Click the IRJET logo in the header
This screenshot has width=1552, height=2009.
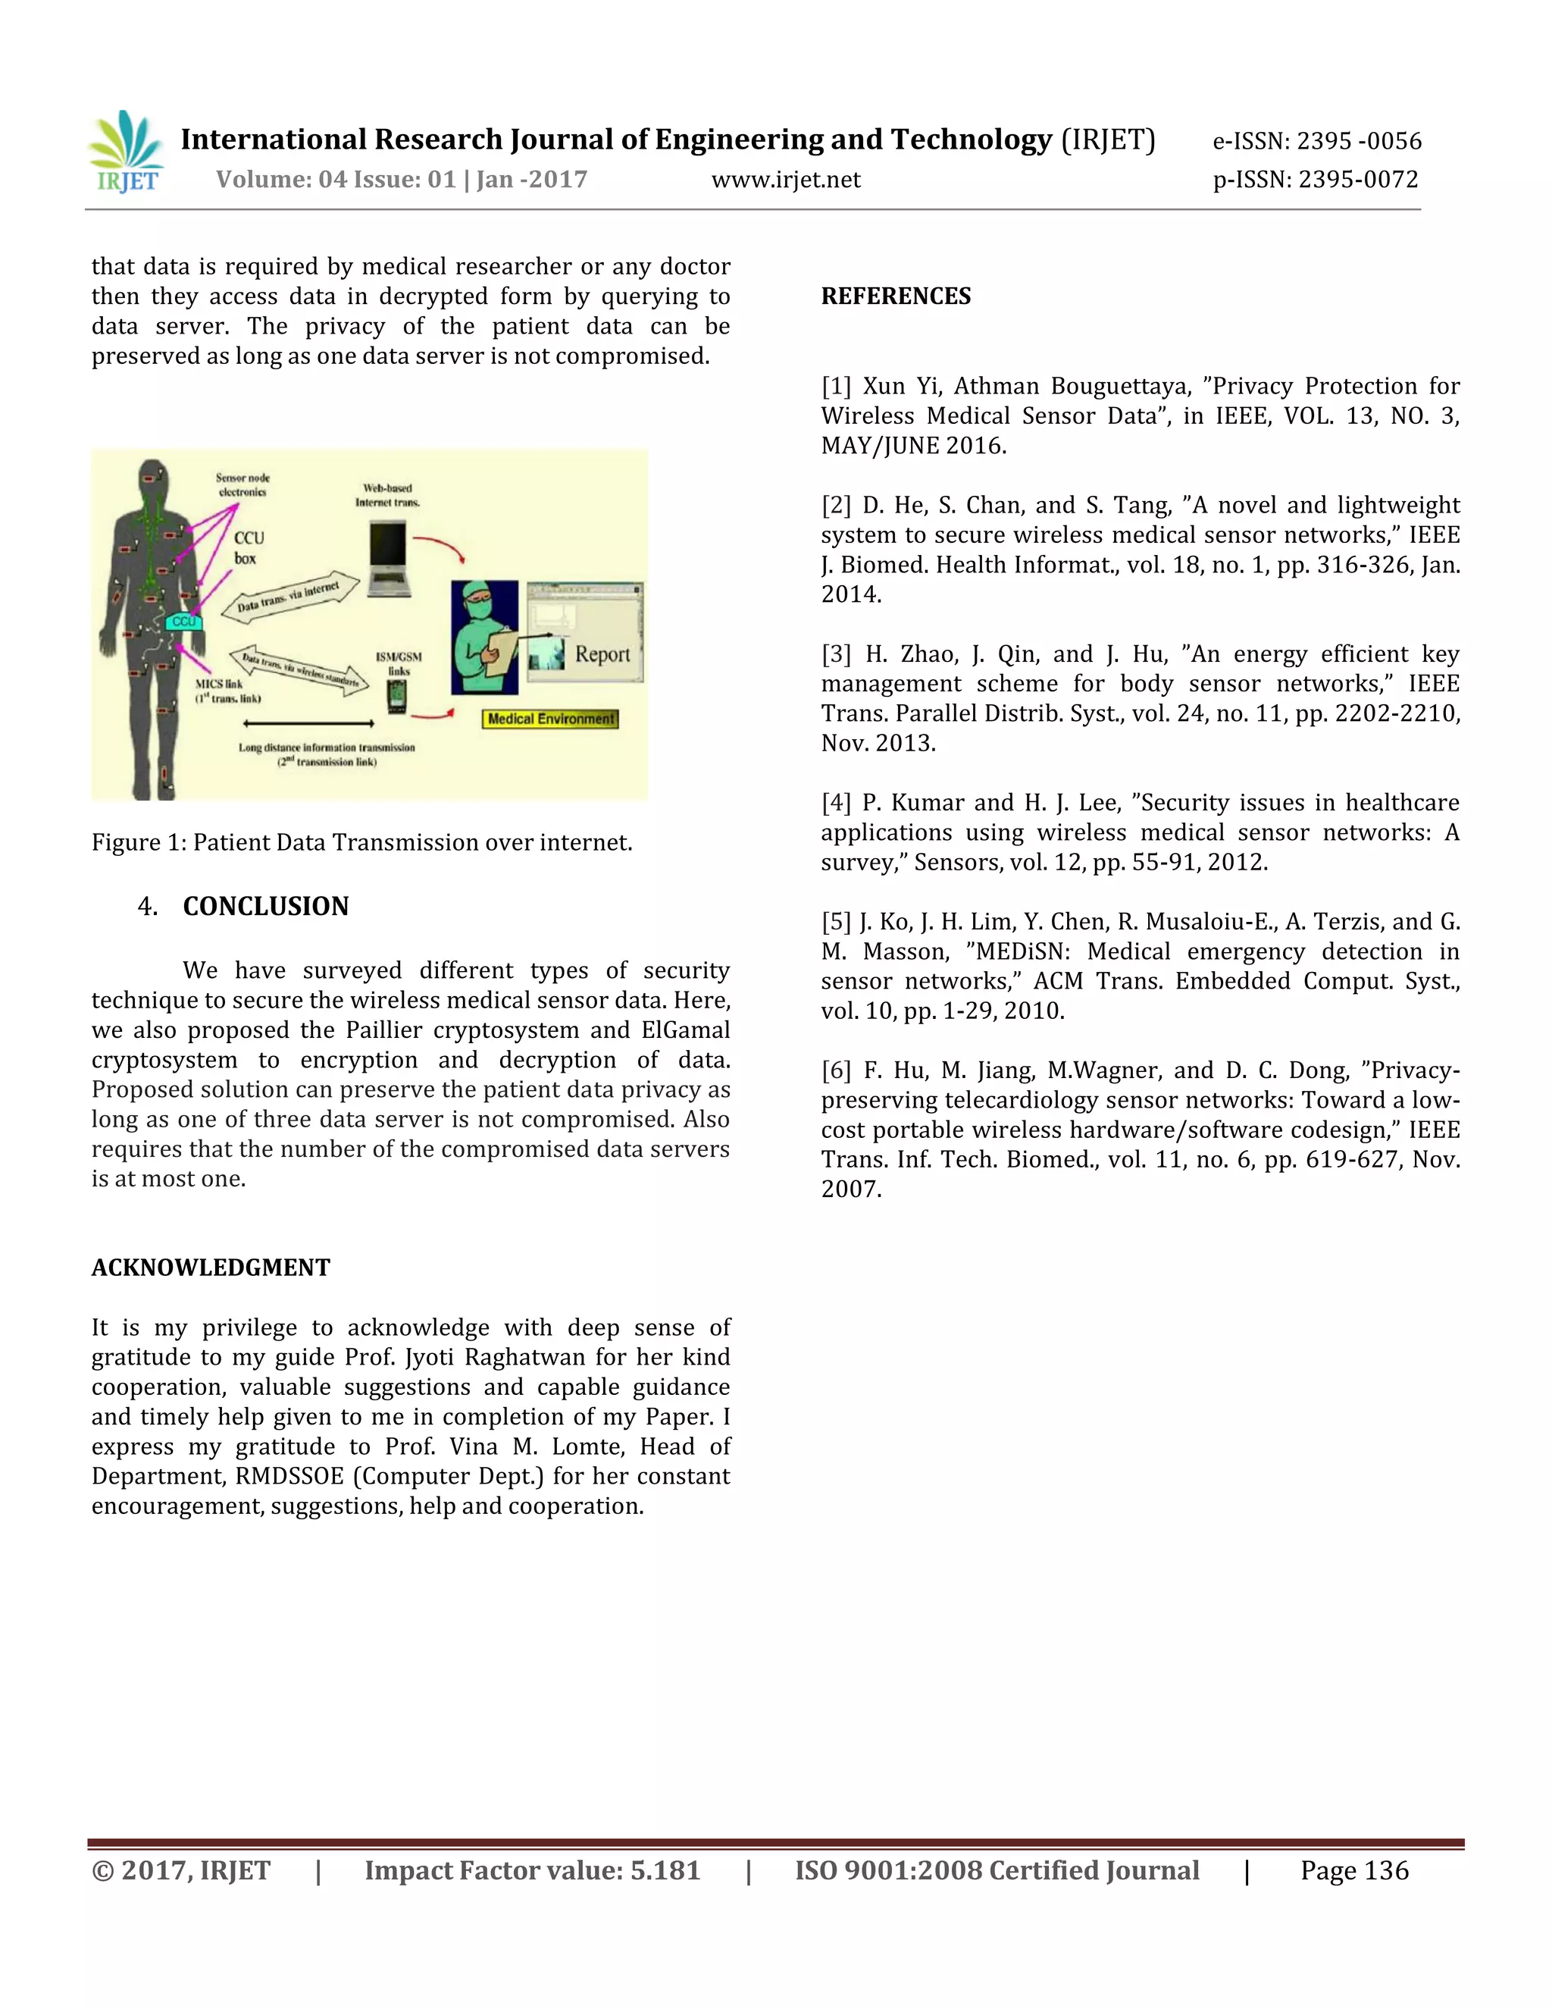point(127,152)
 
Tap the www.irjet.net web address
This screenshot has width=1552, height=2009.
point(785,180)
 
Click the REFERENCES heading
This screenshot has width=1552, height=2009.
point(896,296)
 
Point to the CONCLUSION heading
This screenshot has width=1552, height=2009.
point(266,906)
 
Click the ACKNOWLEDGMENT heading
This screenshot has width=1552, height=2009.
point(211,1268)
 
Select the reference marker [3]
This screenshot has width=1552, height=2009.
point(836,654)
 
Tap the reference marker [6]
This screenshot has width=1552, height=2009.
point(836,1070)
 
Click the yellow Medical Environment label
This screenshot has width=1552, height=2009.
point(551,719)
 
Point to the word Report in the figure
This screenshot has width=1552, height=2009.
point(602,654)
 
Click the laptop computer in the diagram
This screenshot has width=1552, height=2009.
point(387,556)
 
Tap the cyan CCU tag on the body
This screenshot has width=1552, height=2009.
point(184,621)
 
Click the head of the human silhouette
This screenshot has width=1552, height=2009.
point(152,480)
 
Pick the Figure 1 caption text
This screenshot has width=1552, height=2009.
point(361,842)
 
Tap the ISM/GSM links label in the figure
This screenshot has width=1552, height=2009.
point(398,663)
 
